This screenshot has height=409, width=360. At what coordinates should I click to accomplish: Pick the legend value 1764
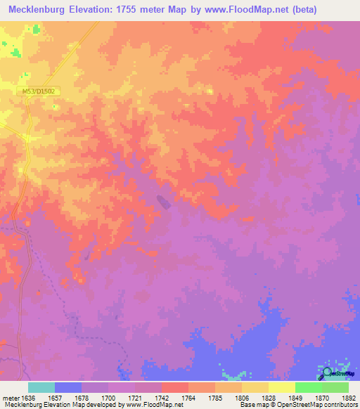[x=188, y=397]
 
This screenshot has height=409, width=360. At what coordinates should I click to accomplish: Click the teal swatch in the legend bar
[x=41, y=387]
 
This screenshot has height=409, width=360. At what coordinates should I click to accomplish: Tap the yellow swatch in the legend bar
[x=281, y=387]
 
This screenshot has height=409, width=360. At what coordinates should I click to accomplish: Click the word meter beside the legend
[x=10, y=397]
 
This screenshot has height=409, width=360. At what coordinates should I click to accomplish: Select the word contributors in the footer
[x=340, y=405]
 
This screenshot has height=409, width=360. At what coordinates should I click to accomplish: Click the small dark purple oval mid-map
[x=162, y=202]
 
